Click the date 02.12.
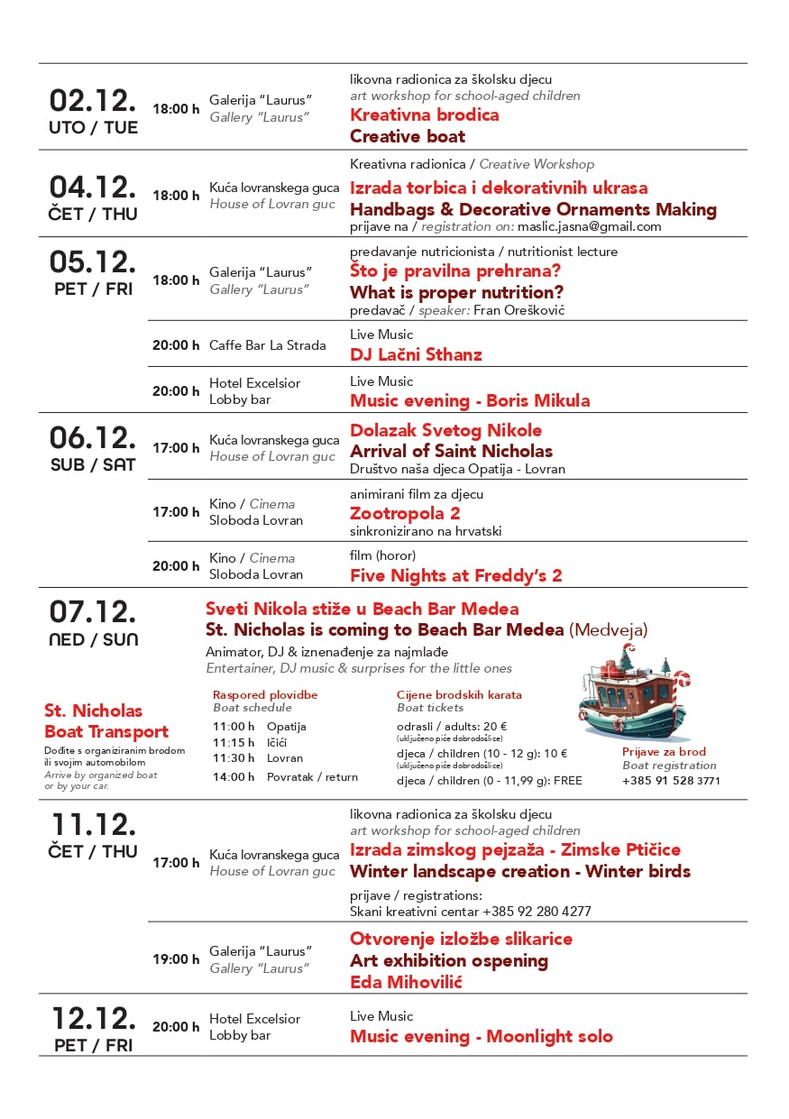[x=93, y=100]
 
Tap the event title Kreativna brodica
[x=424, y=115]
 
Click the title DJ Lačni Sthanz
[x=416, y=354]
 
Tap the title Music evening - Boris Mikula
[x=470, y=400]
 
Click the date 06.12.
[x=93, y=437]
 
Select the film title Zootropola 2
[x=405, y=513]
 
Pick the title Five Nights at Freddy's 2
[x=455, y=575]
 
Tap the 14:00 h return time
[x=234, y=776]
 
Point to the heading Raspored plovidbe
[x=265, y=695]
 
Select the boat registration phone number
[x=671, y=781]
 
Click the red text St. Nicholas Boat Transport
[x=106, y=721]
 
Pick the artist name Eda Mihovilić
[x=406, y=982]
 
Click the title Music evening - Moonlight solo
[x=481, y=1036]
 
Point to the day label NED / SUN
[x=92, y=639]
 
